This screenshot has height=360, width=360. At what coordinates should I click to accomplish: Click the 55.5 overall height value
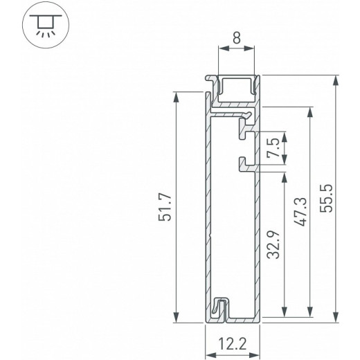point(327,199)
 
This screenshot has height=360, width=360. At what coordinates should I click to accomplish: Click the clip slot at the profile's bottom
point(219,309)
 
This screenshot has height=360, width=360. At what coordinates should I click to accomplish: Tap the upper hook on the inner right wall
point(243,127)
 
